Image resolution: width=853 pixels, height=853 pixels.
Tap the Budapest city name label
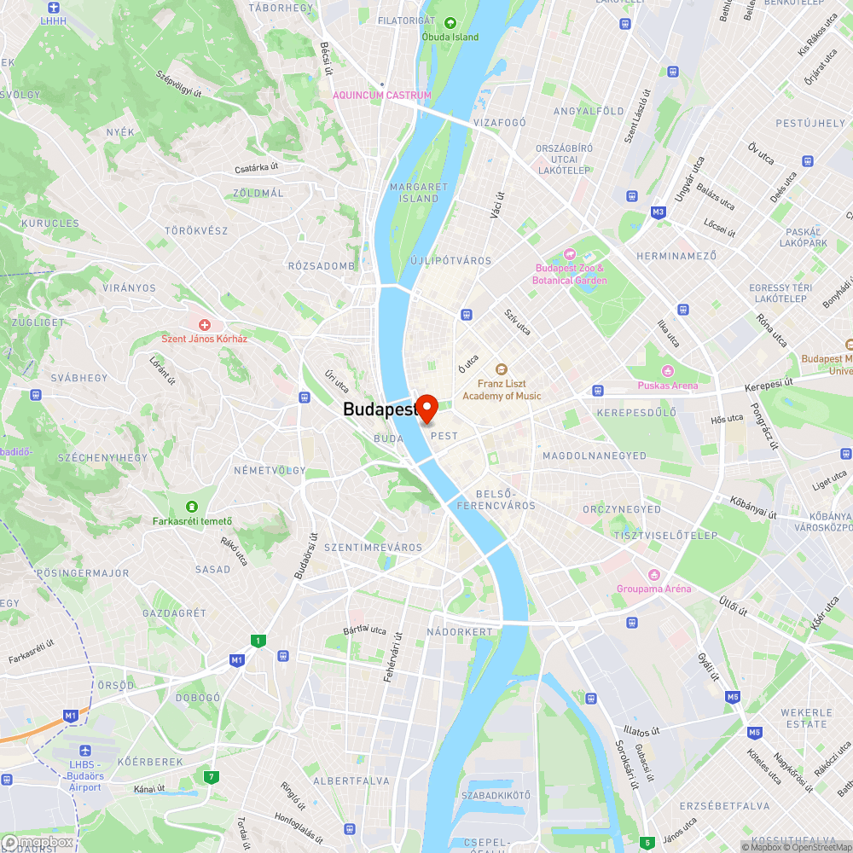[x=380, y=409]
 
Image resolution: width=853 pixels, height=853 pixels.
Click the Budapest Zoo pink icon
[x=569, y=254]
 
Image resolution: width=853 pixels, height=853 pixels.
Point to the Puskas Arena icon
[x=668, y=371]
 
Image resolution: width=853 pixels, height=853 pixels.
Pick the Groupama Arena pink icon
[x=654, y=575]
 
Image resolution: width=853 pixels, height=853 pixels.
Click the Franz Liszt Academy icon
[x=502, y=369]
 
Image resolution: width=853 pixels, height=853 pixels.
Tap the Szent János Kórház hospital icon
[x=205, y=325]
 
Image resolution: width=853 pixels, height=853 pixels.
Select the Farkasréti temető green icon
[x=192, y=507]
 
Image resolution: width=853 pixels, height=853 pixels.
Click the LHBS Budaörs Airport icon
[x=85, y=751]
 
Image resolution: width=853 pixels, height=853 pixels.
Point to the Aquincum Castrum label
[x=382, y=96]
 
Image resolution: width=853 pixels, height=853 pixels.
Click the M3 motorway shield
[x=658, y=212]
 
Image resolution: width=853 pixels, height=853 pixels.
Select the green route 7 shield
[x=211, y=776]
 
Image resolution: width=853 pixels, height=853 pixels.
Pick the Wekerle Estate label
[x=806, y=718]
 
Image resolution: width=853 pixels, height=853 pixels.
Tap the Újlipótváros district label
[x=450, y=260]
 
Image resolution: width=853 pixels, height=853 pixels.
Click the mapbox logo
[x=38, y=841]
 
